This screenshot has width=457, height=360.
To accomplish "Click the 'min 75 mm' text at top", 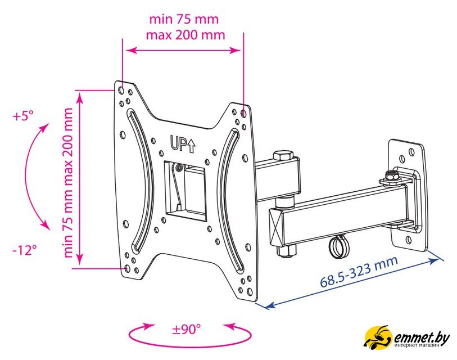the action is tap(184, 20).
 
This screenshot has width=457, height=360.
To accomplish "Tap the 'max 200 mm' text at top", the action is tap(185, 35).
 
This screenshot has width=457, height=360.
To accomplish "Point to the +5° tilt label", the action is tap(23, 116).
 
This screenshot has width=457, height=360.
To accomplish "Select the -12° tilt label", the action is tap(25, 250).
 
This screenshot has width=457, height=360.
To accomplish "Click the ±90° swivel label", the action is tap(187, 330).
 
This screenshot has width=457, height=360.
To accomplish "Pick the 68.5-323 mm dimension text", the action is tap(359, 272).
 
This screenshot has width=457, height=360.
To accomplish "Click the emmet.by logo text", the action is tap(422, 339).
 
